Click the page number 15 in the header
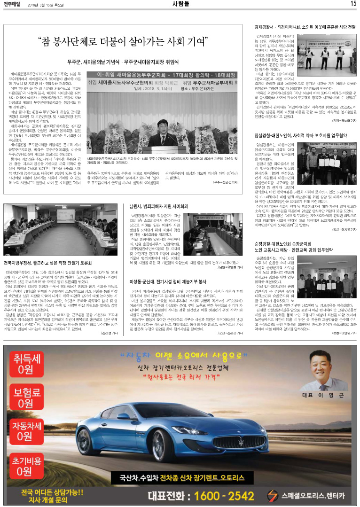(353, 4)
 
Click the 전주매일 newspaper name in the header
(11, 4)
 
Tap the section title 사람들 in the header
(180, 4)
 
